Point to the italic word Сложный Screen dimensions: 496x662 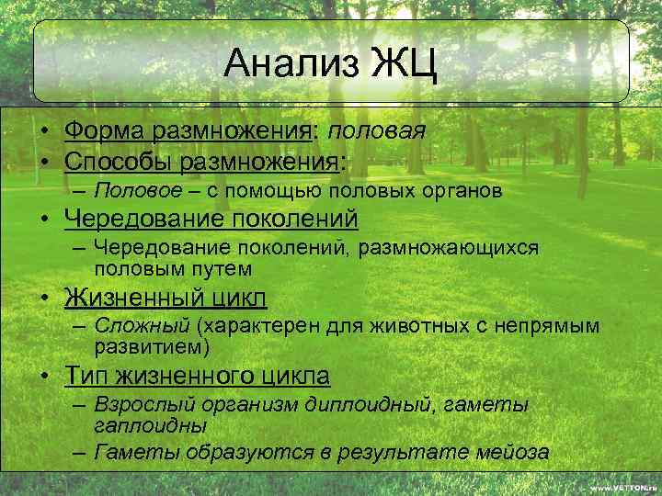point(143,327)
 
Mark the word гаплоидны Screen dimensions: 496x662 point(150,426)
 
